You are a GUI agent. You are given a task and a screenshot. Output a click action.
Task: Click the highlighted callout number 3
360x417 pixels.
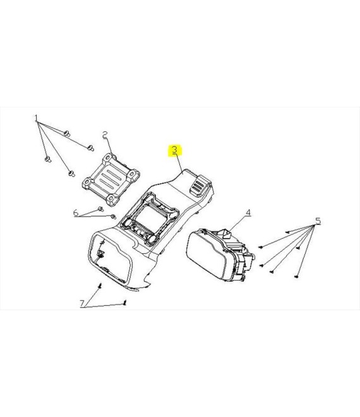(x=174, y=150)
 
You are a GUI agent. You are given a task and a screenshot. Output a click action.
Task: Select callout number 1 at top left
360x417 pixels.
(x=37, y=118)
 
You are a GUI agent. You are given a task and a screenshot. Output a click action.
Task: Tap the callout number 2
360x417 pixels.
(x=105, y=135)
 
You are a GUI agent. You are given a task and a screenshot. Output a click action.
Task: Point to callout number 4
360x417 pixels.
(x=248, y=212)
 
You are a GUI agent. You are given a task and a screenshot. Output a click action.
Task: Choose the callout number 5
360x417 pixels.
(x=318, y=221)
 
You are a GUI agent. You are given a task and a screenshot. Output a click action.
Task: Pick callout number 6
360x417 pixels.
(x=76, y=213)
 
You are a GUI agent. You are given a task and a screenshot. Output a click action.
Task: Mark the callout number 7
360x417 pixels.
(x=83, y=303)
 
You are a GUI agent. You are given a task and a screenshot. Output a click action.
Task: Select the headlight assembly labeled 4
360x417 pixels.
(x=220, y=255)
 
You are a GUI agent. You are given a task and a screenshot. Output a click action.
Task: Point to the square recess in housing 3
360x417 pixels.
(x=150, y=218)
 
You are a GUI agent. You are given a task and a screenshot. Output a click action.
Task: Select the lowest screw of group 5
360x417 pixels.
(x=297, y=277)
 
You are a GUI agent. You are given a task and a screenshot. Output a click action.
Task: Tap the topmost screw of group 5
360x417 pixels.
(x=287, y=232)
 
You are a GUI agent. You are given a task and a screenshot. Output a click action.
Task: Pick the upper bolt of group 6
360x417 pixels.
(x=101, y=208)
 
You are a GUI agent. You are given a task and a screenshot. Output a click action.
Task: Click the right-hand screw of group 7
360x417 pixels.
(x=124, y=303)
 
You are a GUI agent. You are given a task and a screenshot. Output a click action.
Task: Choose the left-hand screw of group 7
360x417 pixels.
(x=100, y=286)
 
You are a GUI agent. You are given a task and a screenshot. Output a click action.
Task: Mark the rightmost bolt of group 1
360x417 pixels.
(x=91, y=148)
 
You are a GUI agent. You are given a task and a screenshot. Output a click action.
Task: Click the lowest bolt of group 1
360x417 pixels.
(x=71, y=173)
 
